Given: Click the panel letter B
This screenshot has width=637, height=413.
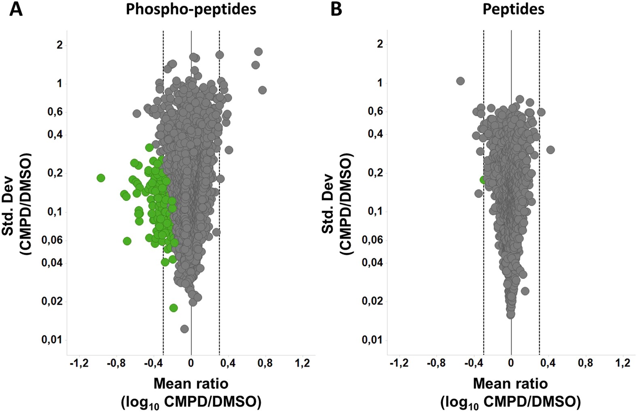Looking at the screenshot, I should point(336,9).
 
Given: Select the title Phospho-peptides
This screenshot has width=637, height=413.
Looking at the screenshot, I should point(191,9).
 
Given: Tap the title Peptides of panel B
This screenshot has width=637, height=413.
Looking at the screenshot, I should point(513,9).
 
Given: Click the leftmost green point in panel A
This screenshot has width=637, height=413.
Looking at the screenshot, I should point(101,178).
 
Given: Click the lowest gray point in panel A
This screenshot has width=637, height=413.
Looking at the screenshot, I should point(184,329).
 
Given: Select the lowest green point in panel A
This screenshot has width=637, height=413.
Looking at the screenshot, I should point(174,308).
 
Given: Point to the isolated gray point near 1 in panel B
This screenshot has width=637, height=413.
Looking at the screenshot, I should point(460,81).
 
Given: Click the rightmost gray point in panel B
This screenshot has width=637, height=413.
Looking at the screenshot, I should point(550,150).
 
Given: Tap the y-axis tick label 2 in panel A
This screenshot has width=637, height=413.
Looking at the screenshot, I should point(60,45).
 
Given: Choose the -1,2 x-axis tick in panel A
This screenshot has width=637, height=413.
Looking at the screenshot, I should point(79,363).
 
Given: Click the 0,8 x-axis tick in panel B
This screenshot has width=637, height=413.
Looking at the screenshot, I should point(585,363).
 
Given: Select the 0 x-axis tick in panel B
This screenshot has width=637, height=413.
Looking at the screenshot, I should point(511,363).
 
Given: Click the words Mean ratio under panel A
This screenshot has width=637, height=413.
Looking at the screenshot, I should point(191,383).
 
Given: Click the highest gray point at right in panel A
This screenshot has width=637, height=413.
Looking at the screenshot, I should point(258,52).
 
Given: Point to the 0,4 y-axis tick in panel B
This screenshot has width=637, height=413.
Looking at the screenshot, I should point(376,134).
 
